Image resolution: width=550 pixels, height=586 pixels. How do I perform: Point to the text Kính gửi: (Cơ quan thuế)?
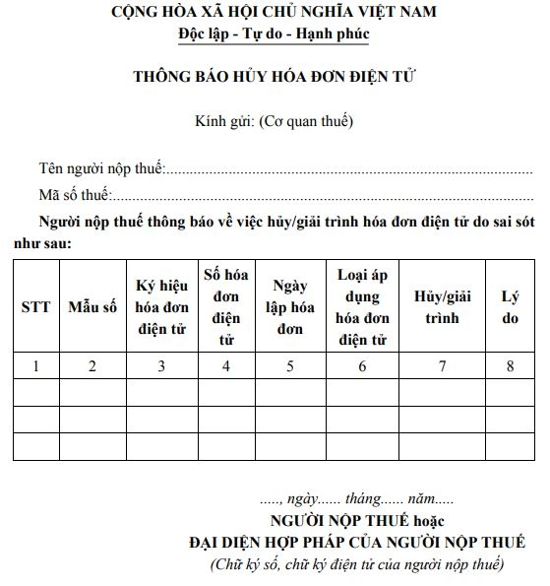tap(275, 122)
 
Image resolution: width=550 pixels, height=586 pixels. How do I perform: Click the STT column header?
tap(35, 307)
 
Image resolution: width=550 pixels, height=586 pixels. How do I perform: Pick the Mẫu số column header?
tap(92, 307)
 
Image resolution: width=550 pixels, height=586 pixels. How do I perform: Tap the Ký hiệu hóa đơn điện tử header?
tap(160, 306)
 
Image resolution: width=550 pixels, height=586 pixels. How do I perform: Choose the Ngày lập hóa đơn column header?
tap(290, 306)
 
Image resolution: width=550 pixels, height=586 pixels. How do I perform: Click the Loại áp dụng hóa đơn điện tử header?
tap(362, 306)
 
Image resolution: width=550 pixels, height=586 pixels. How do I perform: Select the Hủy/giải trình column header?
tap(442, 306)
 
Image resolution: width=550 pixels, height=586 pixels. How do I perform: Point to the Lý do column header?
tap(510, 306)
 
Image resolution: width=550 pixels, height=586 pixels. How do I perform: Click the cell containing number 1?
tap(35, 366)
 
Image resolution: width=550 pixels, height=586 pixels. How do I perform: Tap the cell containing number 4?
tap(226, 366)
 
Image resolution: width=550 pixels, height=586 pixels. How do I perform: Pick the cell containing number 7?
tap(442, 366)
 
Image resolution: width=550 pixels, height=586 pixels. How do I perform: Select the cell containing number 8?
tap(510, 366)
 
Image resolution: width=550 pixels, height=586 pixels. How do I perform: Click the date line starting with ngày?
tap(364, 501)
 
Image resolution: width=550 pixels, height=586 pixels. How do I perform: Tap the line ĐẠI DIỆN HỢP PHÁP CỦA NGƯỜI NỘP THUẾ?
tap(357, 543)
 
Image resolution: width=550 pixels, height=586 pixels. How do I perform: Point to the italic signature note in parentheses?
tap(357, 564)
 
